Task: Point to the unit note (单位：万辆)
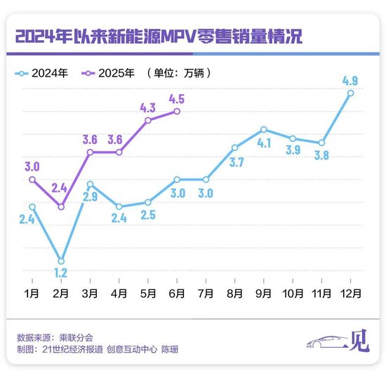178,72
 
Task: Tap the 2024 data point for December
350,93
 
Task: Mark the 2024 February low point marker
61,261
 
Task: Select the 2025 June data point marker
177,111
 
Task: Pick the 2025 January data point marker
32,179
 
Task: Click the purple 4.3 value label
147,107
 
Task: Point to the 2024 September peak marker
263,129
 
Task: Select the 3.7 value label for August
237,163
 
